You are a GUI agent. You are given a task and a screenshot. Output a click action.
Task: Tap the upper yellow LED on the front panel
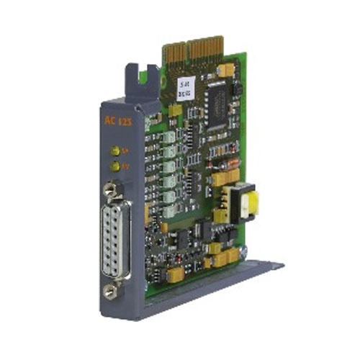(114, 150)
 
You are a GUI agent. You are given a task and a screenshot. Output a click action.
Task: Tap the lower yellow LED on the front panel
(114, 166)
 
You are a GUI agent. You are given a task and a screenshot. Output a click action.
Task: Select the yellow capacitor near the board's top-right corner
(225, 70)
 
